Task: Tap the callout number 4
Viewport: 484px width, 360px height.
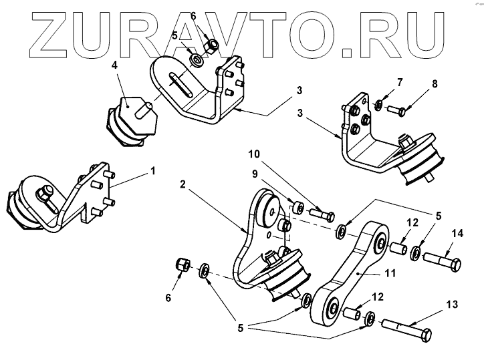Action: pos(115,66)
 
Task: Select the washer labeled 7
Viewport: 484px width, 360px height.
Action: pos(378,105)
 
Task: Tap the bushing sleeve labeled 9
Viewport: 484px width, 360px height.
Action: pos(296,204)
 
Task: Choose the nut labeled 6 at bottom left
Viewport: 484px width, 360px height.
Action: pos(180,265)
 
